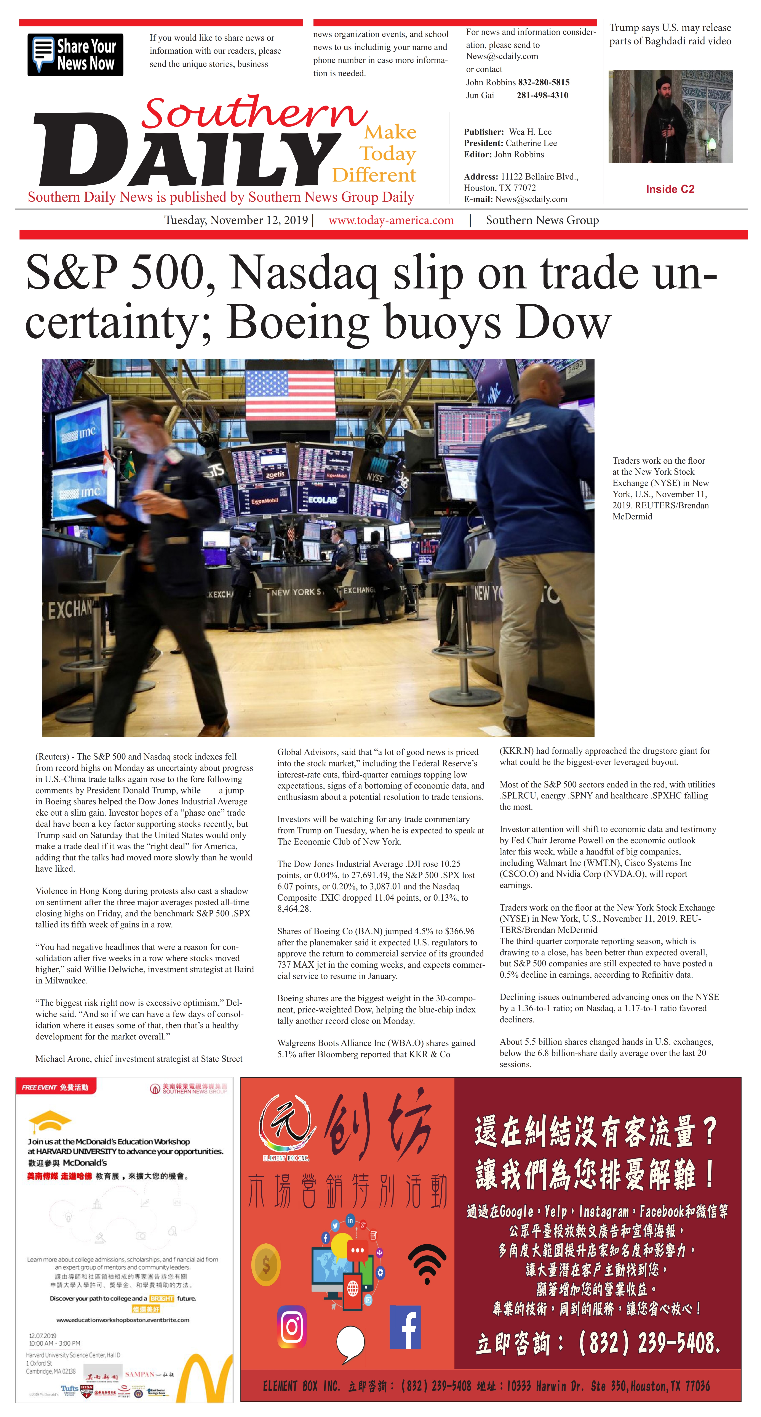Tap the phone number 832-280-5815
pyautogui.click(x=543, y=82)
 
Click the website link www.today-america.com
pyautogui.click(x=391, y=221)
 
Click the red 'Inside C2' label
pyautogui.click(x=670, y=189)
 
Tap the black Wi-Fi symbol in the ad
pyautogui.click(x=427, y=1264)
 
